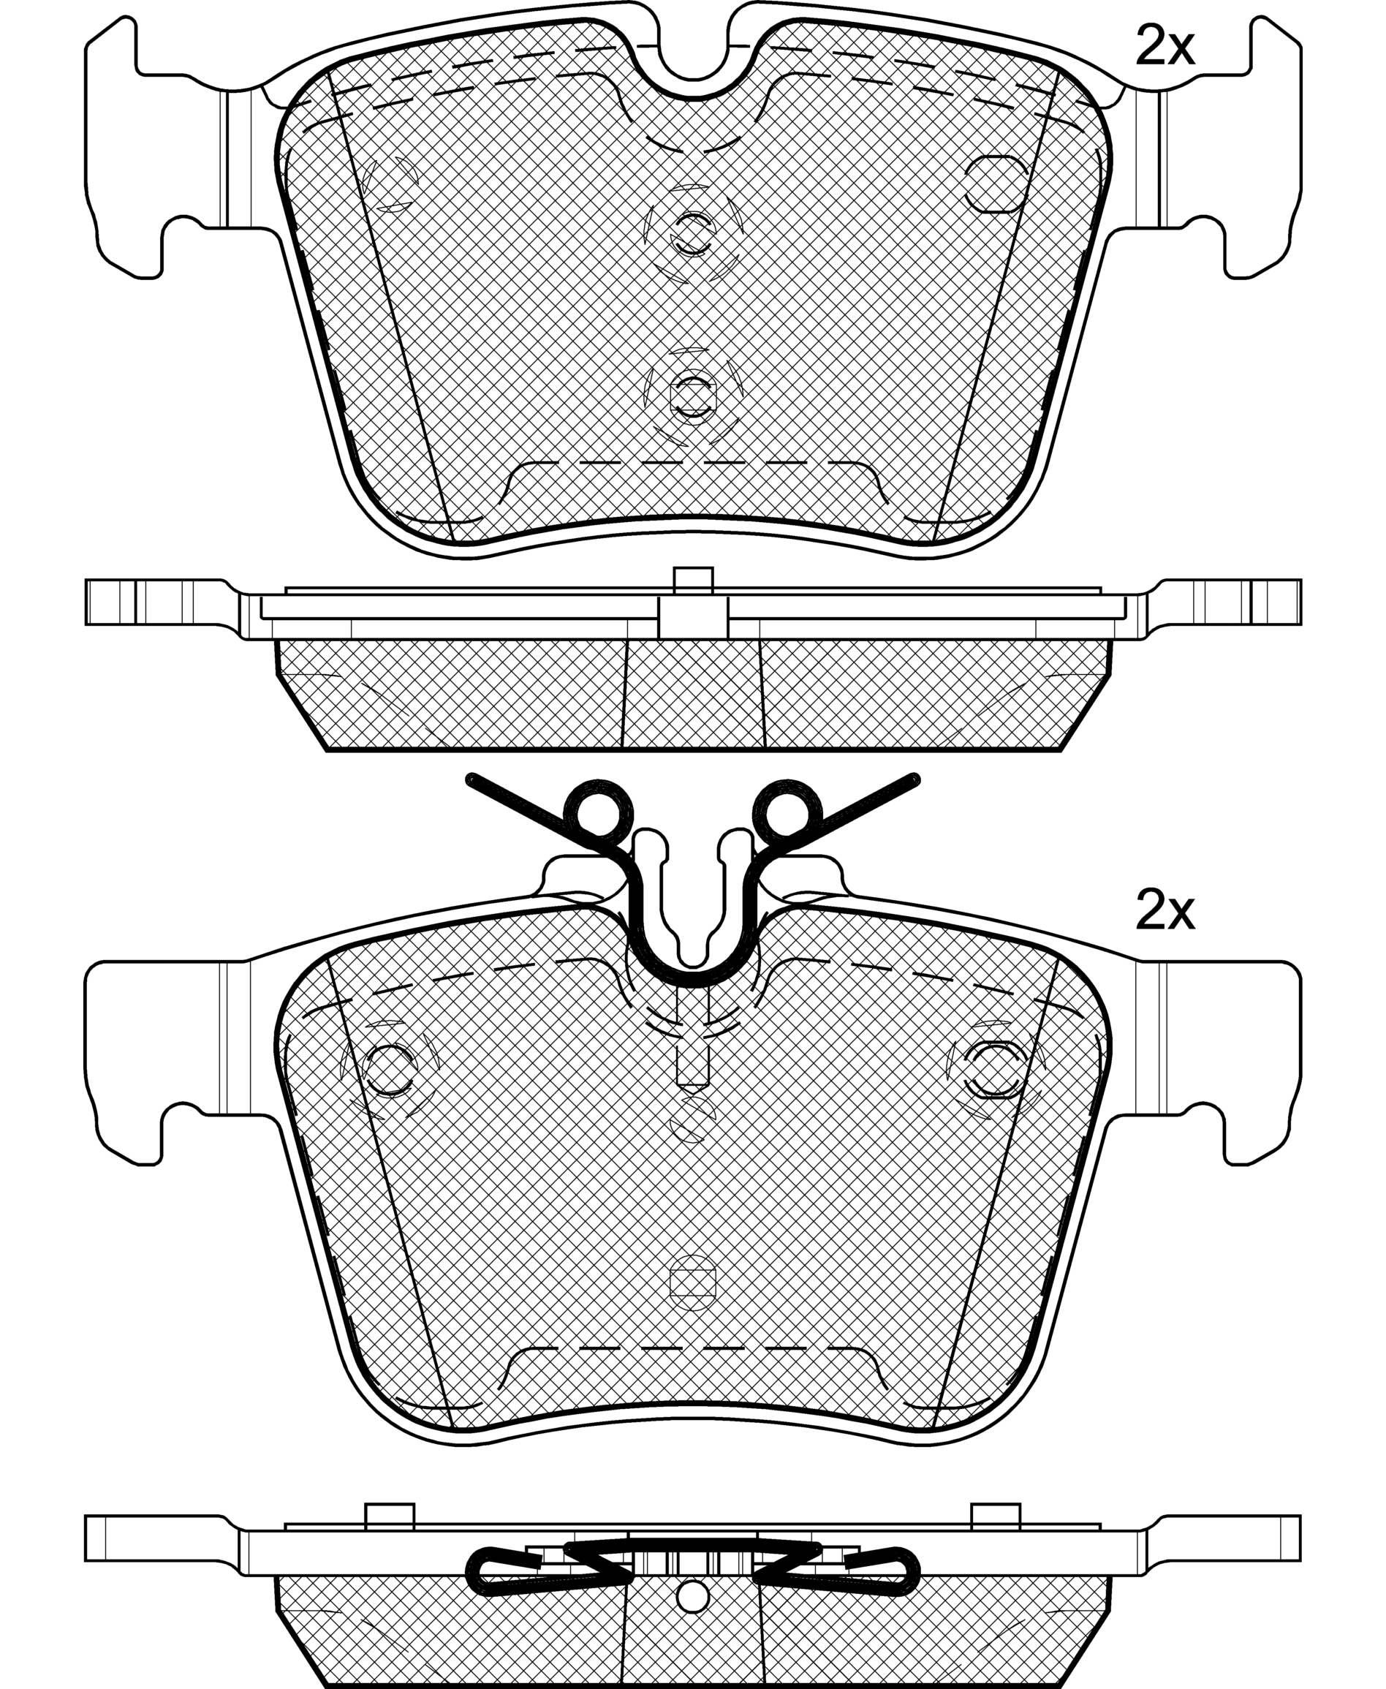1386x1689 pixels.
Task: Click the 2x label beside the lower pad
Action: point(1165,912)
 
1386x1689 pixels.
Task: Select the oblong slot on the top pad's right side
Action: point(995,183)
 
